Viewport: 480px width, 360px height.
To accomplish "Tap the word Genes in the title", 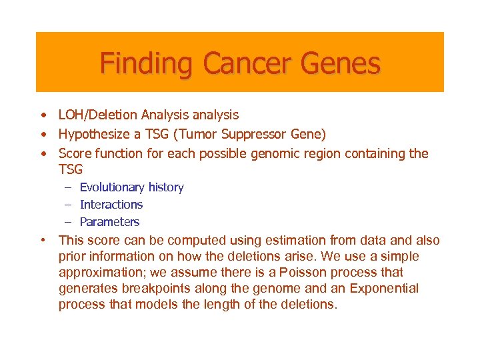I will [341, 64].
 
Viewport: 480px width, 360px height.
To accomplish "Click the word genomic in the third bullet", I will [276, 154].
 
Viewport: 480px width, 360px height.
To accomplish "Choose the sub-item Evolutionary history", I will [131, 187].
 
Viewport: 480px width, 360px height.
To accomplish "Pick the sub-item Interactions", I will [111, 205].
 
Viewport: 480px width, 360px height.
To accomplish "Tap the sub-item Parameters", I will [109, 222].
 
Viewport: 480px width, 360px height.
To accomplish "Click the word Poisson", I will [313, 273].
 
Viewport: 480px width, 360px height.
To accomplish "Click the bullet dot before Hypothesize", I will [42, 135].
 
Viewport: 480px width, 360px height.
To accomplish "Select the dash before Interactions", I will [68, 205].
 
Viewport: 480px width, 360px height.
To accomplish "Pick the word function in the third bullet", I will [118, 154].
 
